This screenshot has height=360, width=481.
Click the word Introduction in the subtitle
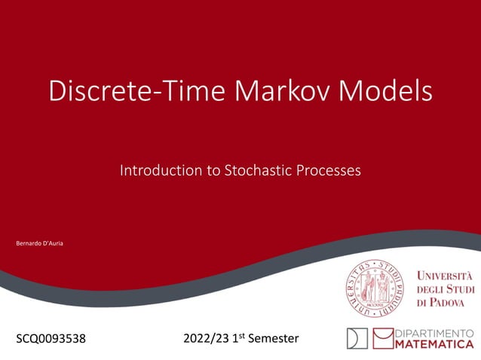(159, 171)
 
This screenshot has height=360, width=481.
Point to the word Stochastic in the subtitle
(255, 171)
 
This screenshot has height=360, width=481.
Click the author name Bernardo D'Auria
(40, 245)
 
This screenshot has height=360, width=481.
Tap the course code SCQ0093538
(51, 339)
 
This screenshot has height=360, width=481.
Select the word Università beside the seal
(444, 275)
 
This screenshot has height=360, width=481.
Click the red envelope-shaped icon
(381, 338)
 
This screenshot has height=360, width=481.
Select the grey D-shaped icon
(357, 338)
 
